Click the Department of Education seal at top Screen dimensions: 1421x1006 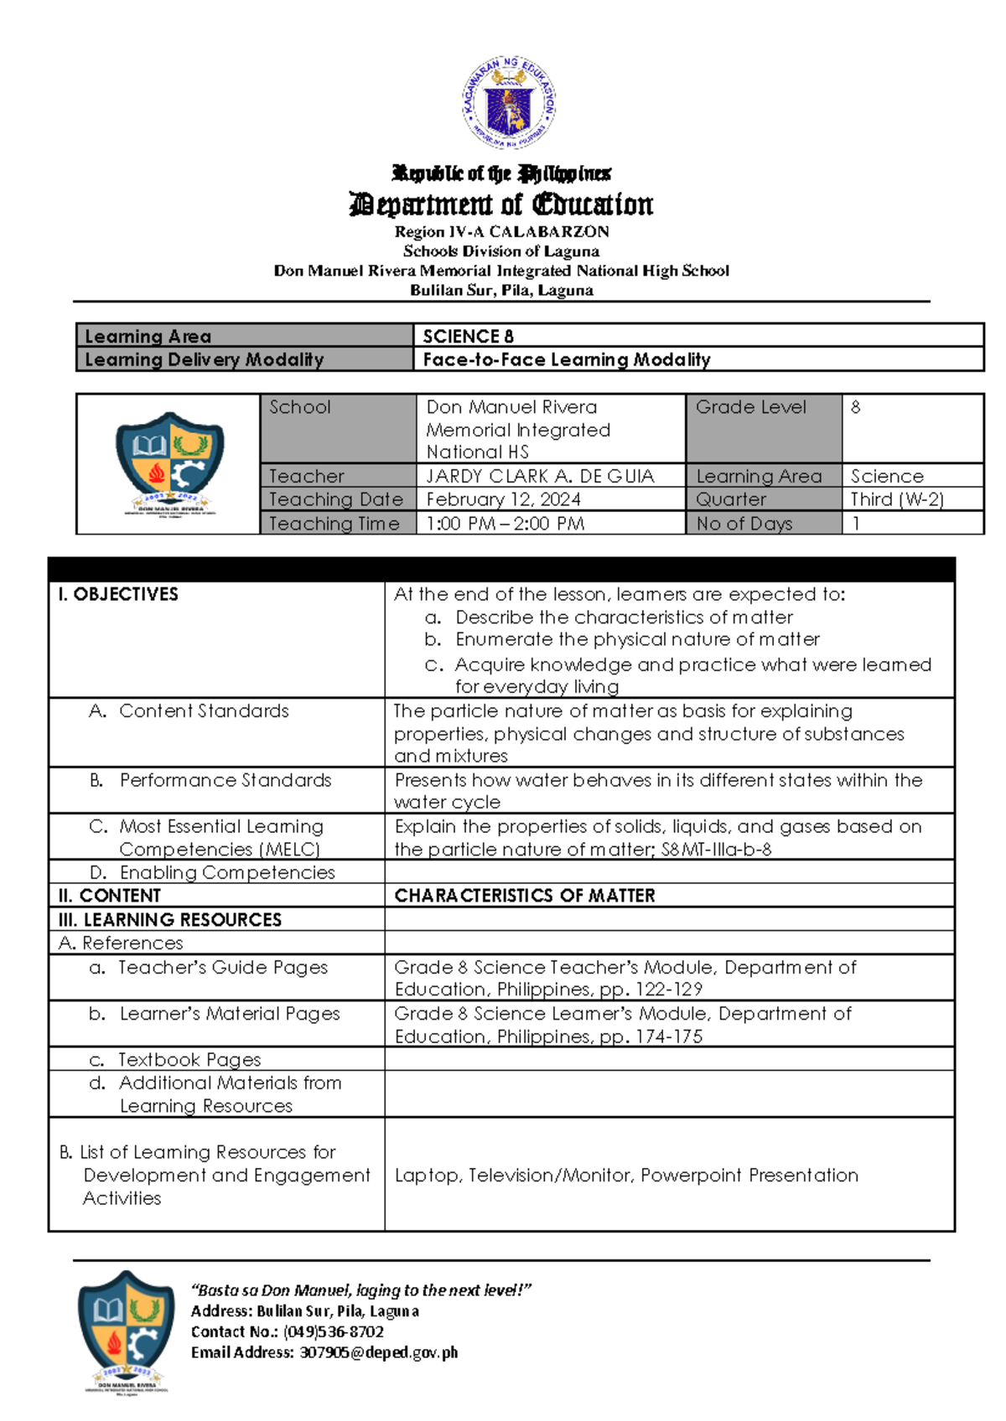(509, 104)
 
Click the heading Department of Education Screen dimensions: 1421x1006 (501, 204)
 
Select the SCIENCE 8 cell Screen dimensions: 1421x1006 (468, 336)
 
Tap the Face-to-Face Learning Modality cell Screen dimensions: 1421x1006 (566, 359)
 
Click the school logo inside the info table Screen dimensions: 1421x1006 (170, 463)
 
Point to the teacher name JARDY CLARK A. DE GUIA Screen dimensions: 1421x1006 (540, 476)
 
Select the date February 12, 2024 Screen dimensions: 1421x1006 (503, 499)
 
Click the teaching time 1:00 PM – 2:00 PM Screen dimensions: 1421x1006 (506, 524)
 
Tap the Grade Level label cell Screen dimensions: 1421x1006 (750, 407)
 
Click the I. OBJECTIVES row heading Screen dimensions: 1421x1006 (118, 594)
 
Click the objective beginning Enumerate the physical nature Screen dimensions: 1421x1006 (637, 639)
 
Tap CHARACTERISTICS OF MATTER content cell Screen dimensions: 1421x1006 (525, 896)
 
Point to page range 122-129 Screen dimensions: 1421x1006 (669, 990)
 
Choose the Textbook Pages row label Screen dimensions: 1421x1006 (189, 1060)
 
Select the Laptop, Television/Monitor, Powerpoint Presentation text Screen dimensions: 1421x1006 (626, 1175)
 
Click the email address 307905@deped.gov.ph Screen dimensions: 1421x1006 (378, 1352)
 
